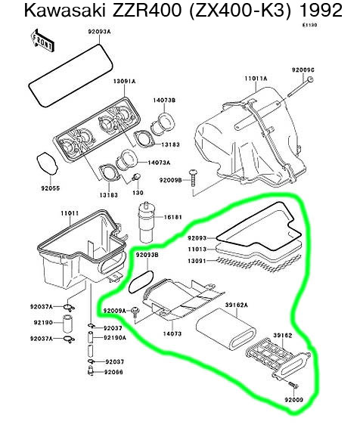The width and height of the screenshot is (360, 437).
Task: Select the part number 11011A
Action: pyautogui.click(x=255, y=77)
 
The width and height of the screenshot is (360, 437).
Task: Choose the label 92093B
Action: pyautogui.click(x=147, y=256)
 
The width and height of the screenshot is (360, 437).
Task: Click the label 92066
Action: pyautogui.click(x=113, y=372)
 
